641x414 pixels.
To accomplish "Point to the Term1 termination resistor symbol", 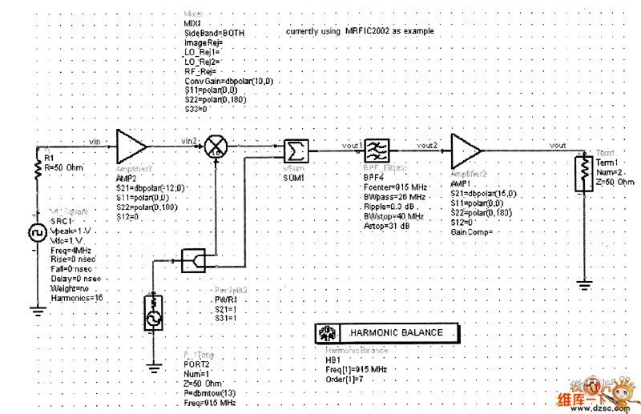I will click(x=584, y=170).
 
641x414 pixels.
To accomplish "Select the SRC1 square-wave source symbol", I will click(x=37, y=233).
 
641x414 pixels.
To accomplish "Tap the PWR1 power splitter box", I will click(x=193, y=259).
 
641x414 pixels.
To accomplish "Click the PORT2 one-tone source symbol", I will click(x=153, y=312).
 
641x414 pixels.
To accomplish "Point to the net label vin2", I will click(x=190, y=141).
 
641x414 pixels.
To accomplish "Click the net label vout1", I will click(x=353, y=145).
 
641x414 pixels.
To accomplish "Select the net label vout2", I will click(x=426, y=145).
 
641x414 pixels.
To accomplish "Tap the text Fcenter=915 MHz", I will click(x=395, y=187).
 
